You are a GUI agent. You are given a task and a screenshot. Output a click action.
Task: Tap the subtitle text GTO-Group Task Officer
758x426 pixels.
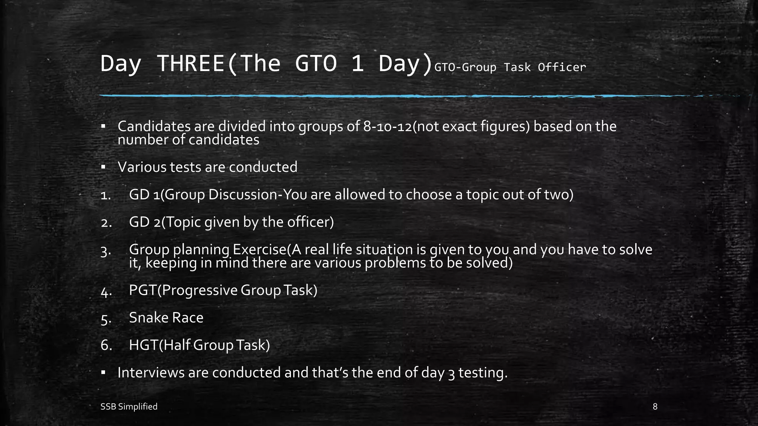[x=510, y=67]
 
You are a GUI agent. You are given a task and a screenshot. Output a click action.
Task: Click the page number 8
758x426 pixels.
[x=655, y=407]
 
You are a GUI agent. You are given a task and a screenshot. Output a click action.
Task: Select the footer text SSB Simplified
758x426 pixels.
[x=129, y=407]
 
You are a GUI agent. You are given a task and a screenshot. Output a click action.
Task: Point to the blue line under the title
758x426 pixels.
[x=370, y=96]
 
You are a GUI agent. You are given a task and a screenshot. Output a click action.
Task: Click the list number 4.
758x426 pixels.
[x=106, y=292]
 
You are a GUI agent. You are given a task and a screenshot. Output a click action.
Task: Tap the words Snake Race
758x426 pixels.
[x=166, y=318]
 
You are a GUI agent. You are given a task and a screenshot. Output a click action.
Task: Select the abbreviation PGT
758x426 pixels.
[x=143, y=290]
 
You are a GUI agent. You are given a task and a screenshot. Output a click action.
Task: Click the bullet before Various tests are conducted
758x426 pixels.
[x=103, y=167]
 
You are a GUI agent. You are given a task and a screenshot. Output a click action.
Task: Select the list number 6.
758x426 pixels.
[x=106, y=345]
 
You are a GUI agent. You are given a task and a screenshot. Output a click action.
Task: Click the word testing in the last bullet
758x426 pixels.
[x=483, y=373]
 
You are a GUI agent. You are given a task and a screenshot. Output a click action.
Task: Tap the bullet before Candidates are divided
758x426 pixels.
[x=103, y=126]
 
